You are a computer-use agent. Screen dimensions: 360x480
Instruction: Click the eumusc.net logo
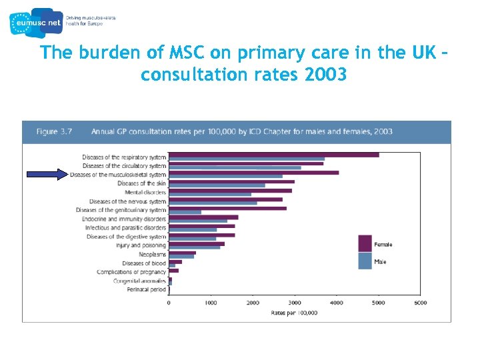(x=36, y=21)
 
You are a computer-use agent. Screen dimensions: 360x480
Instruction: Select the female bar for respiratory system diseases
(x=273, y=155)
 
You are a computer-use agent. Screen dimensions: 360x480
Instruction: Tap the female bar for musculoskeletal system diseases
(x=253, y=173)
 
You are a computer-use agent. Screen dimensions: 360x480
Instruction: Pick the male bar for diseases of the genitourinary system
(x=185, y=213)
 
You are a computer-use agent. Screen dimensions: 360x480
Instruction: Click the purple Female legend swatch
(x=365, y=243)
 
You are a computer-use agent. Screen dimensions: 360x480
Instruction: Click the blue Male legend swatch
(x=365, y=261)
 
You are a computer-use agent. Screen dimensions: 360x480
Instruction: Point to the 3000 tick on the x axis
(x=295, y=303)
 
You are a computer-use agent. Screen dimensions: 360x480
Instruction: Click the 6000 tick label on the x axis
(x=420, y=303)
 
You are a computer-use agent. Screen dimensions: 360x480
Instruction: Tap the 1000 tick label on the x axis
(x=211, y=303)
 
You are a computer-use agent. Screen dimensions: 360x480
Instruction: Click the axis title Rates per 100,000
(x=294, y=312)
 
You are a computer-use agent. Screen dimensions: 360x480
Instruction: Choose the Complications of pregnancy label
(x=131, y=272)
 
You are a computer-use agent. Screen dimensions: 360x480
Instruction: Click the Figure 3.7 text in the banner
(x=57, y=131)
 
